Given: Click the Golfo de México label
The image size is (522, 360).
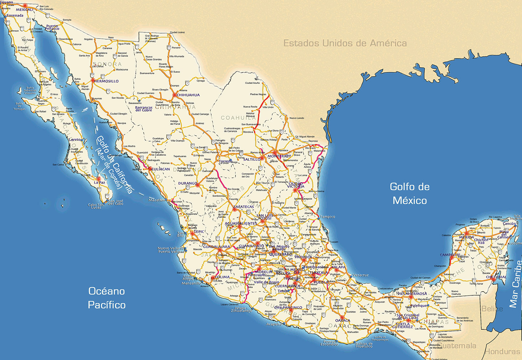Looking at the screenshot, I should (410, 194).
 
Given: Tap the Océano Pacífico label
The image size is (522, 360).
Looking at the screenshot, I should (107, 298).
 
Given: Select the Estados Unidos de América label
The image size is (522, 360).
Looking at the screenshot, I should (345, 43).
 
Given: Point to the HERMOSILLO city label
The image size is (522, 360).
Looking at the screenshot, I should (107, 81).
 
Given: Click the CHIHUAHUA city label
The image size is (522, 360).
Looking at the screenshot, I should (188, 95).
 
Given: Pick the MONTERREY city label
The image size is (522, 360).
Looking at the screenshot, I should (279, 156).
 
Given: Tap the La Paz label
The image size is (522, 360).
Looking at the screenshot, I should (99, 182).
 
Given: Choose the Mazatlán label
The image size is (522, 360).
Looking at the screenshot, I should (157, 200).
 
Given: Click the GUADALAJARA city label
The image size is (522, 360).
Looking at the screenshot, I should (217, 247).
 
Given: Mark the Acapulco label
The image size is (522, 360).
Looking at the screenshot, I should (274, 324).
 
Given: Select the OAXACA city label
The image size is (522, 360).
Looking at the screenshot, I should (343, 320).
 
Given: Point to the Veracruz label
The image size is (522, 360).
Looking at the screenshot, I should (361, 275).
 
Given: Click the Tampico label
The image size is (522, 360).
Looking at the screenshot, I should (327, 217).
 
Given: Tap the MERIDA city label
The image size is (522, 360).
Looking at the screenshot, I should (466, 237).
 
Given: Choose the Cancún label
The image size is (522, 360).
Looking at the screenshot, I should (509, 224).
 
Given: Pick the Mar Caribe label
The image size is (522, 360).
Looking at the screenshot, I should (516, 284).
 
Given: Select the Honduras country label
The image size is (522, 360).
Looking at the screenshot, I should (502, 352).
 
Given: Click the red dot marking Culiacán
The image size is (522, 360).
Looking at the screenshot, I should (150, 169).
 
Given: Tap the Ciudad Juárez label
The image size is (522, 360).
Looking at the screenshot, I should (177, 32).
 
